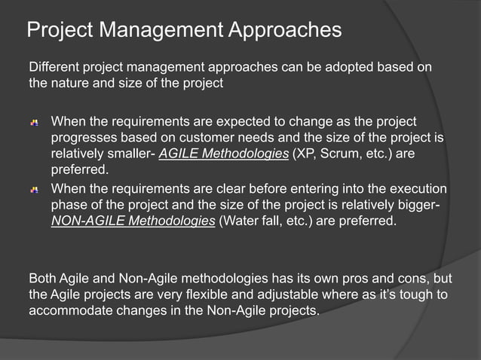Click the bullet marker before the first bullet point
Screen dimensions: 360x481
35,122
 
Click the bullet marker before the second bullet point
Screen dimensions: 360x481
35,189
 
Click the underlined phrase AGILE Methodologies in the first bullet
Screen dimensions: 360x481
225,154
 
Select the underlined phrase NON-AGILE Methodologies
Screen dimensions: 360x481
133,221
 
